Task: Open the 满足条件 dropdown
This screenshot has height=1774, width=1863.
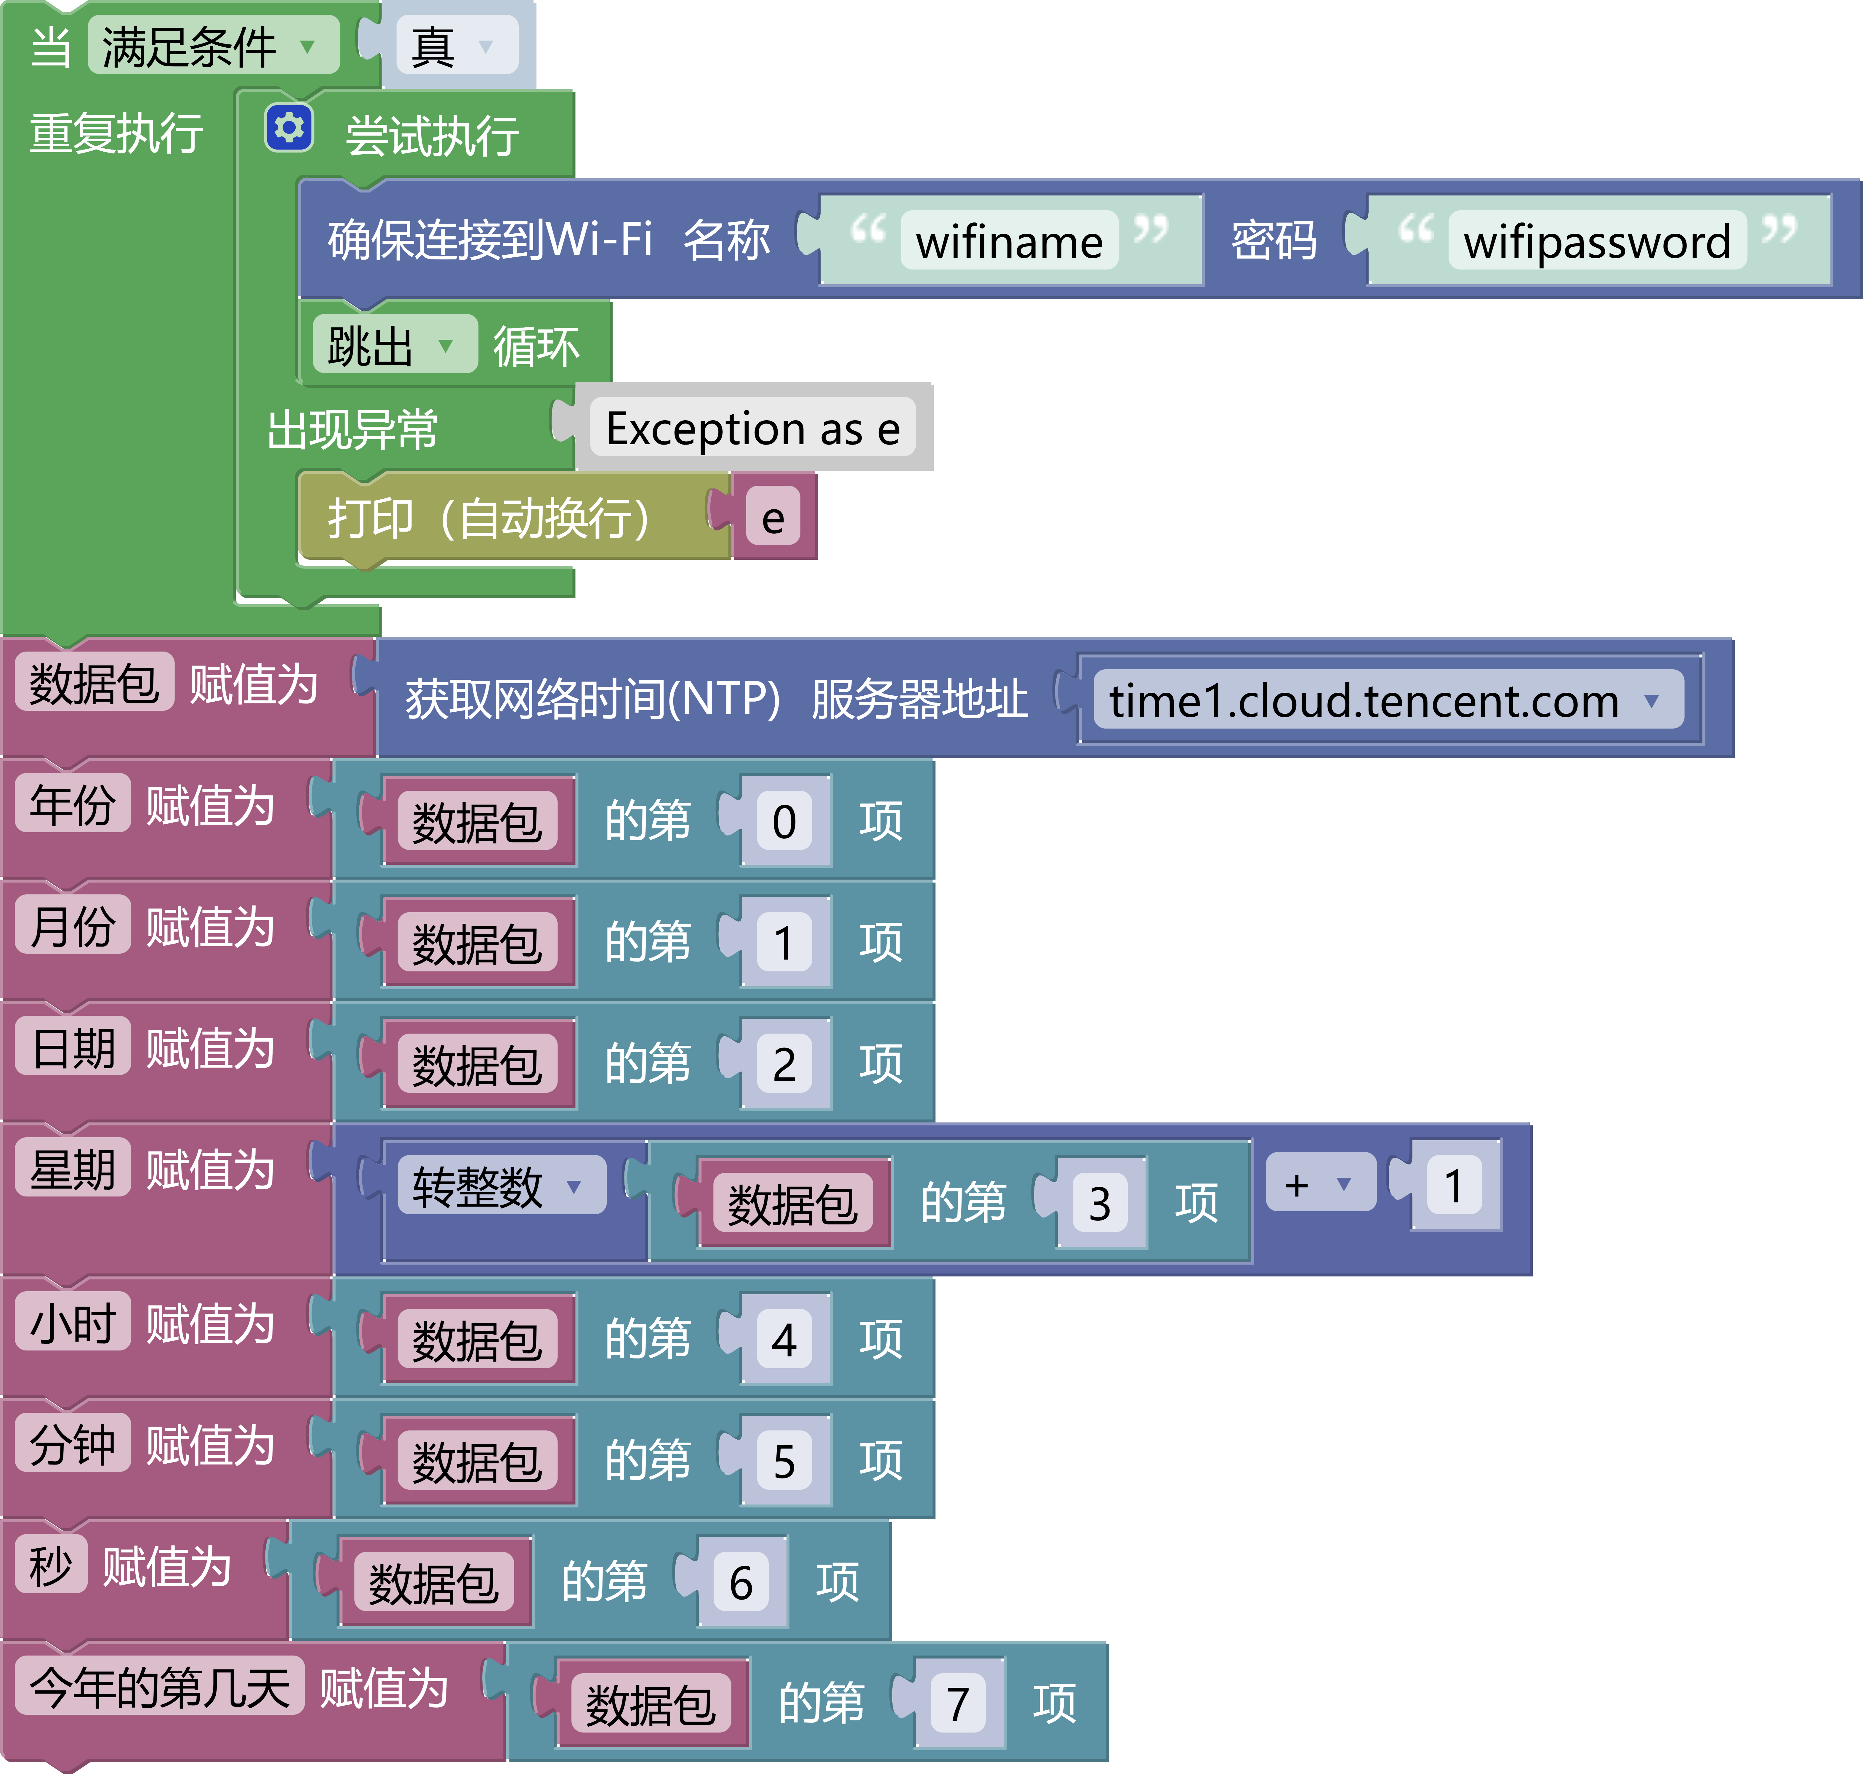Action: coord(213,45)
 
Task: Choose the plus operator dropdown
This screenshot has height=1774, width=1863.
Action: coord(1319,1184)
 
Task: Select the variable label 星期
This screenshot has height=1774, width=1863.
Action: coord(73,1170)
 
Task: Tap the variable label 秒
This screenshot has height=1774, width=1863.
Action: coord(51,1566)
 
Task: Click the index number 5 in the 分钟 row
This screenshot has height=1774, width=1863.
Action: coord(784,1461)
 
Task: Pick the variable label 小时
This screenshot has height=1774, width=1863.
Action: coord(73,1323)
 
